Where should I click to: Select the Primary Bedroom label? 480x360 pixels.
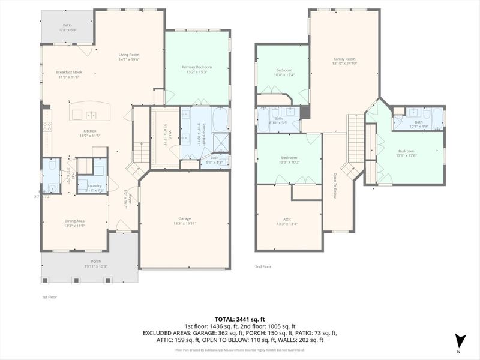[197, 67]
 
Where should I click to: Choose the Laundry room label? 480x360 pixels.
[94, 185]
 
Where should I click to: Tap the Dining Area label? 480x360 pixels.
[75, 221]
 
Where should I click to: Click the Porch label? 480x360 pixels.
[96, 261]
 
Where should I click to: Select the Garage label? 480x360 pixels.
[185, 218]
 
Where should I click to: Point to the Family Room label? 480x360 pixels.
[344, 59]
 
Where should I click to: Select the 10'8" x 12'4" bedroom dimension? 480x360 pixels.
[284, 75]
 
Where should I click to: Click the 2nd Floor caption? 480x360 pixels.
[263, 266]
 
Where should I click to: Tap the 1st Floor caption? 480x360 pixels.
[49, 296]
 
